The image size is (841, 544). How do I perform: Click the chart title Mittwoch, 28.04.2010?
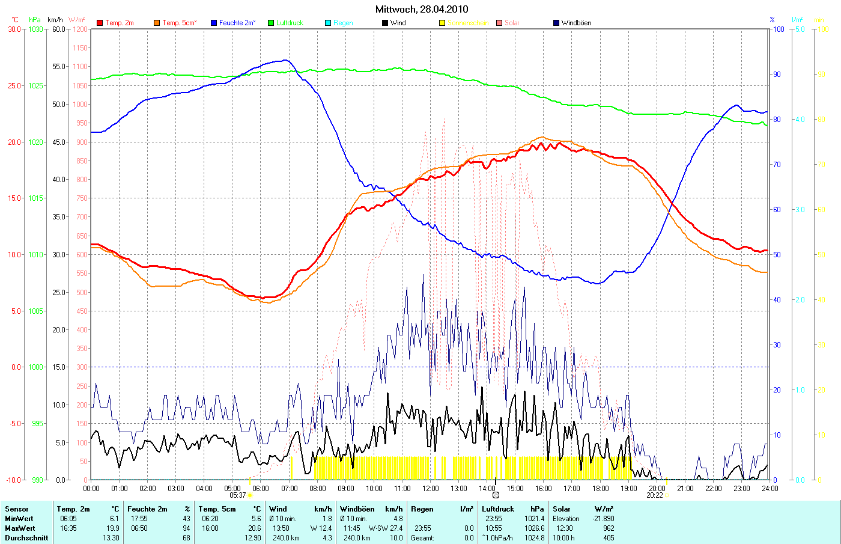pos(421,9)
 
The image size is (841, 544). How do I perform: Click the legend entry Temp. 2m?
pos(119,23)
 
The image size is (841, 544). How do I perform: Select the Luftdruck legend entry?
pos(290,23)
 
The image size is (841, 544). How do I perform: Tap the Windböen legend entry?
pos(575,23)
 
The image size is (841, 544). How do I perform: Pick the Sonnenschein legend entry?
pos(467,23)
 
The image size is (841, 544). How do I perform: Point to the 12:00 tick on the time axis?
pos(430,489)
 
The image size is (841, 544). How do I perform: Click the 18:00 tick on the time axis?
pos(600,489)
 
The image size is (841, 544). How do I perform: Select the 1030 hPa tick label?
pos(35,29)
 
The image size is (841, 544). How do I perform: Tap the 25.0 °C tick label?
pos(15,85)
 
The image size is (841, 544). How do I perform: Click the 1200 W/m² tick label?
pos(80,29)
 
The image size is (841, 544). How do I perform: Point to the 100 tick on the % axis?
pos(778,29)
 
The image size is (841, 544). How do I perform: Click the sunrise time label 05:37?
pos(238,495)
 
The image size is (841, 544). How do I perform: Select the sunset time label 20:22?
pos(654,495)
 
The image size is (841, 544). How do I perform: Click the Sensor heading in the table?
pos(17,509)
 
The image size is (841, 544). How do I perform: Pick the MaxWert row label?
pos(19,528)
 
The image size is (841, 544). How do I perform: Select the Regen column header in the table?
pos(422,509)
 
